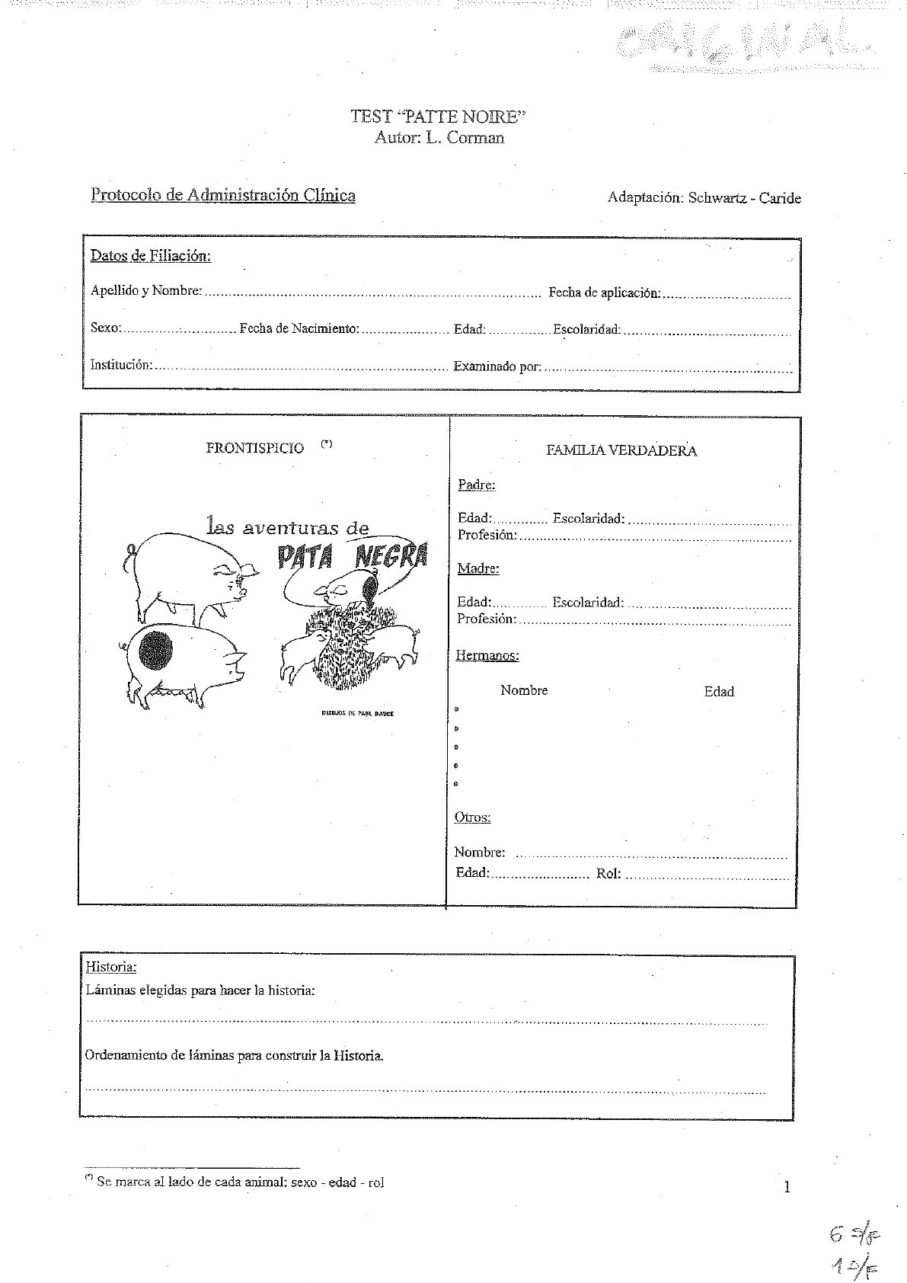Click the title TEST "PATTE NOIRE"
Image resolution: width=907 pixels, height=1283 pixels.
click(438, 117)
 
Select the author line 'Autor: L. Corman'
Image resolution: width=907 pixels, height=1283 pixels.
click(439, 138)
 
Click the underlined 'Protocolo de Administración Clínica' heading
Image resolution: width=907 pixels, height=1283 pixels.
click(223, 195)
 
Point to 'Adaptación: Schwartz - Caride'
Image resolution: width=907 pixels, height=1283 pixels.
click(704, 198)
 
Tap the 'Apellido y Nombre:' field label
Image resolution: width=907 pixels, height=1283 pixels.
click(146, 290)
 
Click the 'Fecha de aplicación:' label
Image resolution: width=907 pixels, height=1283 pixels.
click(604, 293)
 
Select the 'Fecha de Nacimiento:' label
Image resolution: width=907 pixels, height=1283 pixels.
click(299, 328)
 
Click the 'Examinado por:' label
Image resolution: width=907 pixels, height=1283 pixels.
click(497, 366)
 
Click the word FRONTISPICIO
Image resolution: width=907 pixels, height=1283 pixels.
click(254, 448)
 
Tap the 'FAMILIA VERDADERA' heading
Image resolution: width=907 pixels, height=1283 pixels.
click(621, 450)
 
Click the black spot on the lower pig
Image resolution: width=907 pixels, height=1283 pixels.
click(155, 649)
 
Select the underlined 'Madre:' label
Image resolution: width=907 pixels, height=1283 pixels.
click(478, 568)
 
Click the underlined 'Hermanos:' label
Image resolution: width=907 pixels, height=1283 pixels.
click(487, 655)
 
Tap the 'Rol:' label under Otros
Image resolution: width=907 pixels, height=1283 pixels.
click(608, 874)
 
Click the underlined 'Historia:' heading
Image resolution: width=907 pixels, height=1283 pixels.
click(111, 967)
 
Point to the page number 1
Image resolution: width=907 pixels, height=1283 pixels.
click(787, 1186)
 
